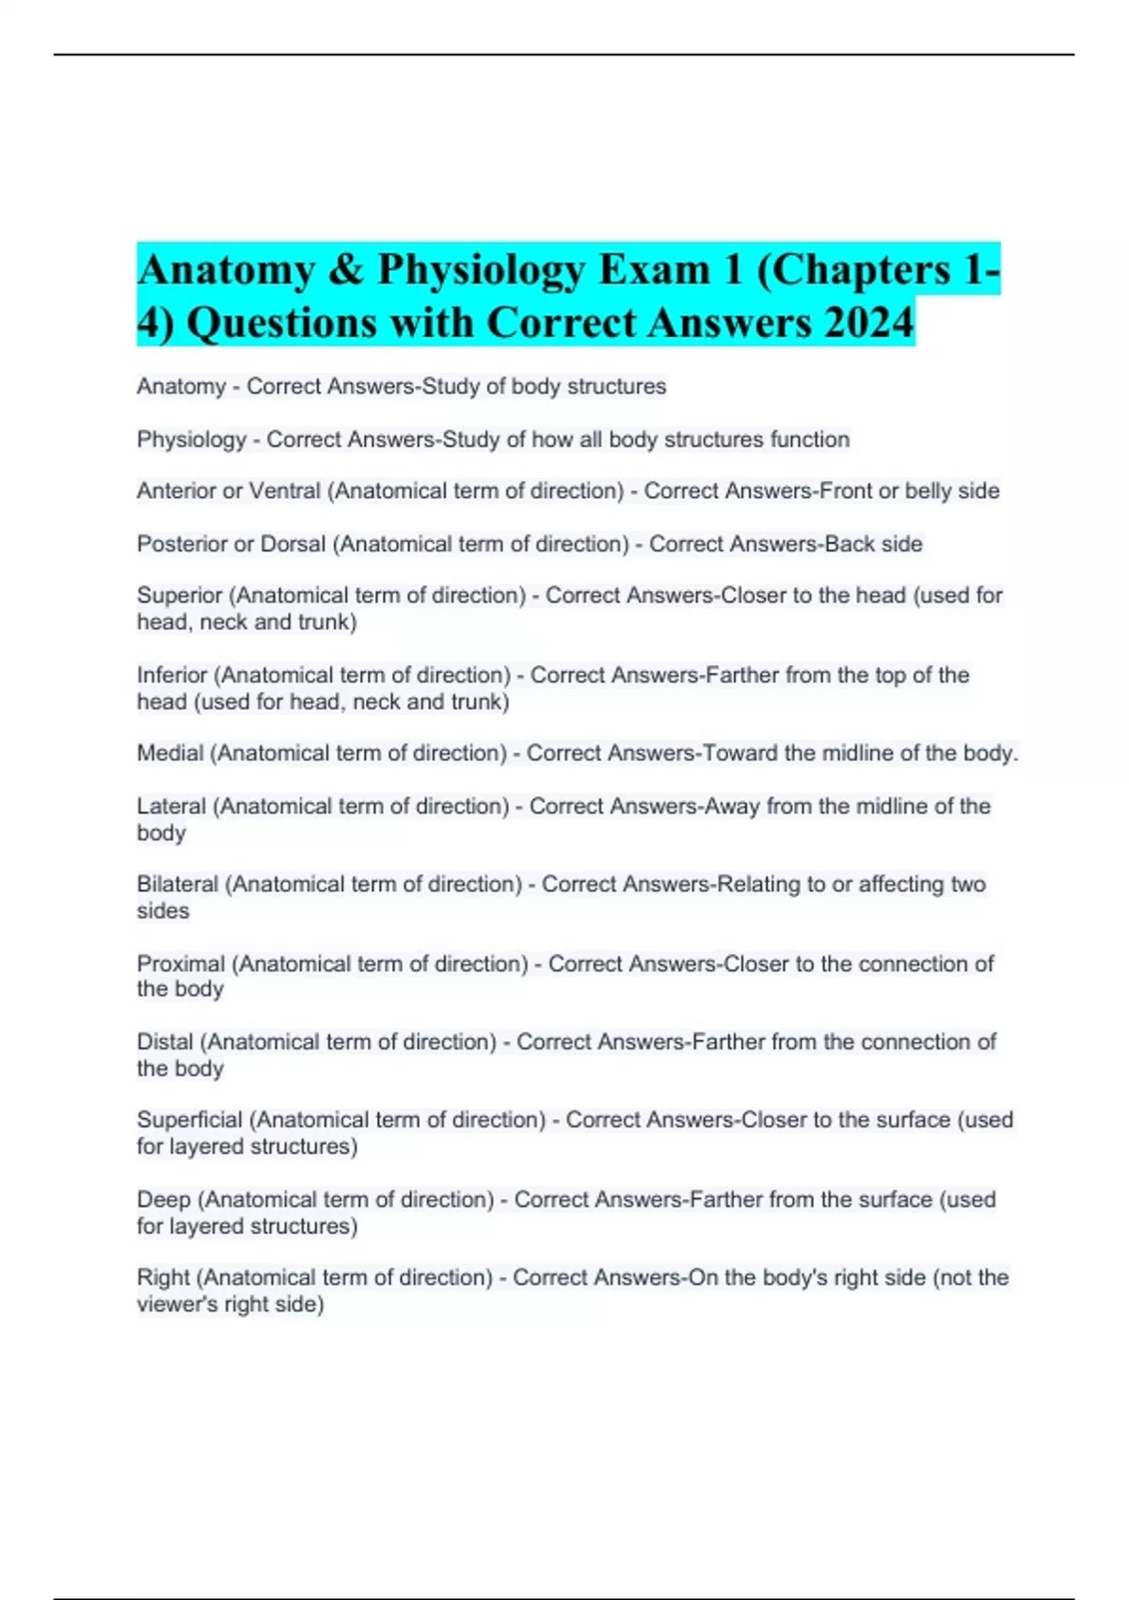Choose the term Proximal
[x=181, y=964]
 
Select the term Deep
[x=164, y=1199]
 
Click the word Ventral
[x=285, y=491]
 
